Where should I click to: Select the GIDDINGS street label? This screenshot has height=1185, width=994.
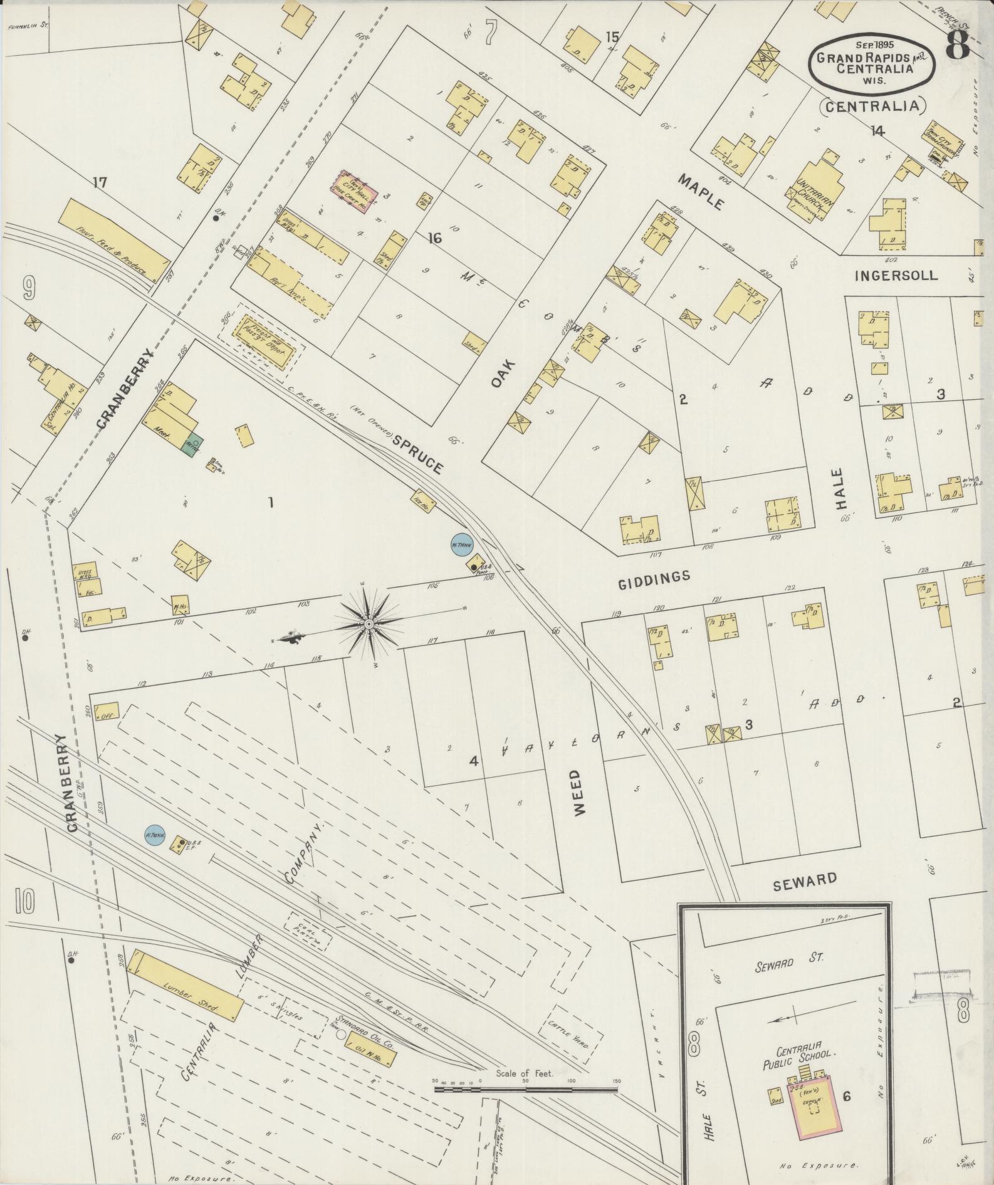tap(654, 580)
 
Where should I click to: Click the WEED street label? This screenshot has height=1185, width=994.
tap(577, 792)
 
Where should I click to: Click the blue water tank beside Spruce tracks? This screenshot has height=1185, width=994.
tap(461, 544)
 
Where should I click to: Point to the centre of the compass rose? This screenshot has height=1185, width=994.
tap(369, 625)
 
